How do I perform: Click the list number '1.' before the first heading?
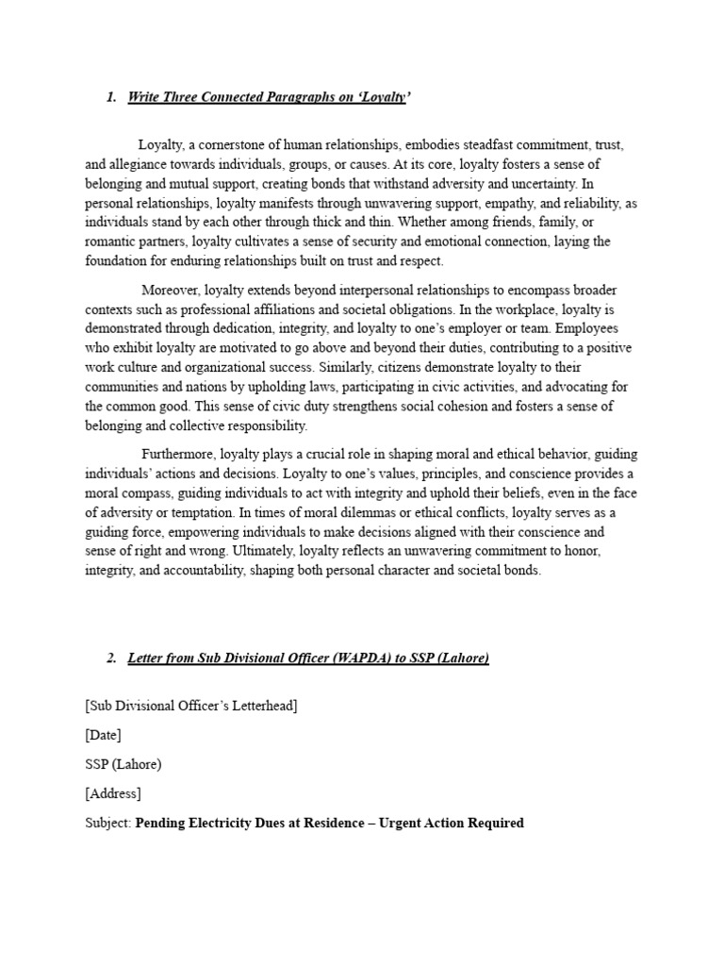[111, 98]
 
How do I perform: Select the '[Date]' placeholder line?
[103, 734]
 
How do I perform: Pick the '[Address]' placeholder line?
[112, 793]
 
